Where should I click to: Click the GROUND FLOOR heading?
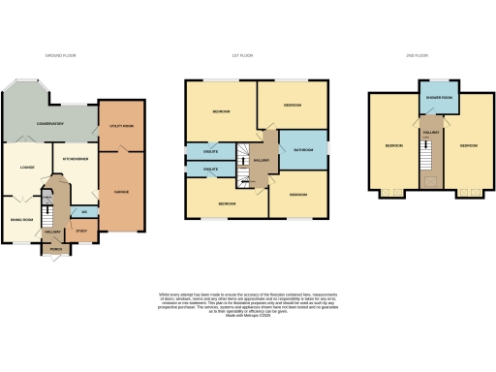61,56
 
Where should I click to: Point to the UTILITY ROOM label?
120,127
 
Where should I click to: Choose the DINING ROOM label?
22,219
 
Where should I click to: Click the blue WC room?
85,211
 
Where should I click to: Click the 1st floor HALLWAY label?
260,161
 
